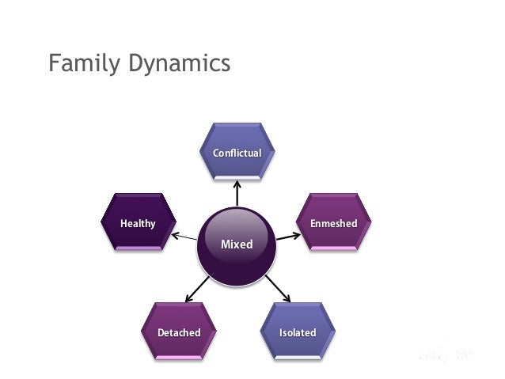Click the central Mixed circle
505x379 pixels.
tap(237, 245)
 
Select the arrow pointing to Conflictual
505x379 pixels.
tap(237, 194)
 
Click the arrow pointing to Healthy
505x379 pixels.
tap(184, 236)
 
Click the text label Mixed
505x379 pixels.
tap(237, 244)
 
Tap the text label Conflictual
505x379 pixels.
tap(237, 153)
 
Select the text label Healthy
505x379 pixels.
tap(138, 224)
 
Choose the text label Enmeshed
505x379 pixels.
tap(333, 224)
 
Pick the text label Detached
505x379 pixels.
tap(179, 332)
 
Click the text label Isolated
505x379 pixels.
tap(298, 332)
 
